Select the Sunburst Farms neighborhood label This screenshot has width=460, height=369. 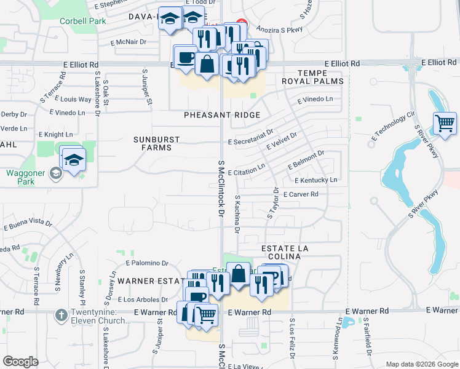click(x=157, y=143)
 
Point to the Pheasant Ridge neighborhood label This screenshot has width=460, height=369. click(x=221, y=115)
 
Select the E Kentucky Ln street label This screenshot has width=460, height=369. click(x=316, y=180)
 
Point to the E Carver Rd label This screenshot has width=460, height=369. click(x=300, y=194)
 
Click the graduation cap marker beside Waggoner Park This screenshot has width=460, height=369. click(x=73, y=159)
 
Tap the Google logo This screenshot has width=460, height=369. click(x=21, y=361)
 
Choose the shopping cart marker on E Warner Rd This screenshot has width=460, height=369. click(x=207, y=315)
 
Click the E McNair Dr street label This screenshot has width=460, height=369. click(x=129, y=42)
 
